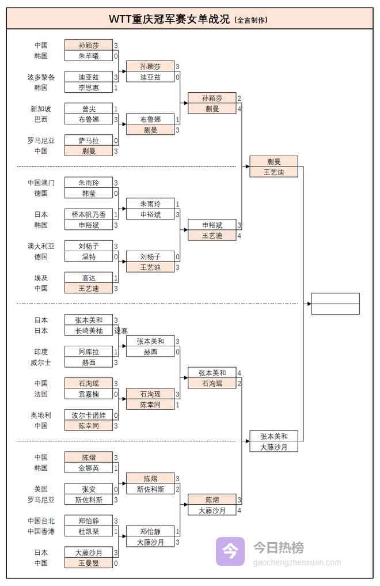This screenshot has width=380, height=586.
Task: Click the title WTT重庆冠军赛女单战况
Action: coord(170,19)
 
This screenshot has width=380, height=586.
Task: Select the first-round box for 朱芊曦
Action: coord(88,56)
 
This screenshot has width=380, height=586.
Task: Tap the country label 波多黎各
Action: coord(41,77)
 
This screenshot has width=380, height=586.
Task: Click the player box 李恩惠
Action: coord(88,88)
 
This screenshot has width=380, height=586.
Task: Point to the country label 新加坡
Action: coord(41,108)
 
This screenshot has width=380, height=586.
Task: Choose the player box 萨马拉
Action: coord(88,140)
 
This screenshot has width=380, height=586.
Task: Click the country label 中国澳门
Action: coord(41,183)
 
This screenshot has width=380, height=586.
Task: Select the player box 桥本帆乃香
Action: coord(88,214)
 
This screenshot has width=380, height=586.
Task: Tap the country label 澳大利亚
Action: coord(41,246)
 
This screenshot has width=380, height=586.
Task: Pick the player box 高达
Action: coord(88,278)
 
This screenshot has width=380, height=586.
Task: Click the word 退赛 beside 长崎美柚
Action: coord(121,331)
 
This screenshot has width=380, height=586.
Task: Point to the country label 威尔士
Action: coord(41,362)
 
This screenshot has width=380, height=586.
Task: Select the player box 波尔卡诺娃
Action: coord(88,415)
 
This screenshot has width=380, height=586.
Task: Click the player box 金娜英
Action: coord(88,468)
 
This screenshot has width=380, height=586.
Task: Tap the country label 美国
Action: coord(41,489)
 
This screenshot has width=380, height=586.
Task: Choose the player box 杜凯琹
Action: coord(88,531)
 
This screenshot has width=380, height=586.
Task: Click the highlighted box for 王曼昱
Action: coord(88,563)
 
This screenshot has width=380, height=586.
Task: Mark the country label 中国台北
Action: coord(41,521)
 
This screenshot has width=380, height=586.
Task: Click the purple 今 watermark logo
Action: coord(230,551)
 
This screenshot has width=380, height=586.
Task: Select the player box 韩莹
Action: coord(88,194)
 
